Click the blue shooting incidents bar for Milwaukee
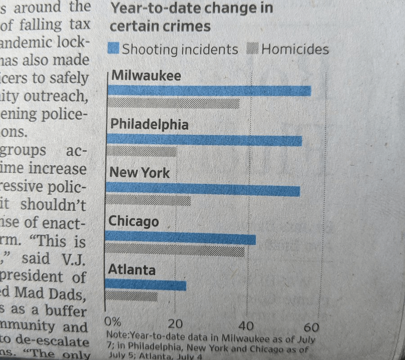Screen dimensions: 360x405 pos(209,90)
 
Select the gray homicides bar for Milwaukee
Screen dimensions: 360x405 pos(174,103)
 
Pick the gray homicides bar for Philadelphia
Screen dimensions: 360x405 pos(142,152)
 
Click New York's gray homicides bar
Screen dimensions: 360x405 pos(148,200)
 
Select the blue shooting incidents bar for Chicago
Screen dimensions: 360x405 pos(180,238)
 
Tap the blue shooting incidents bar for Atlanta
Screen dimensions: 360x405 pos(145,284)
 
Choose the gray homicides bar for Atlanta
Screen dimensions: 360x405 pos(131,296)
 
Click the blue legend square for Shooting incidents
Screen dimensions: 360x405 pos(113,48)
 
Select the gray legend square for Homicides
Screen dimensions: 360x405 pos(253,49)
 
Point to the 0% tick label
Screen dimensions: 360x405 pos(112,322)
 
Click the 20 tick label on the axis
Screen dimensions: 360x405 pos(175,323)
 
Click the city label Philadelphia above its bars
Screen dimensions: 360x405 pos(149,124)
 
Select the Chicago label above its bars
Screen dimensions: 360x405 pos(134,222)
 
